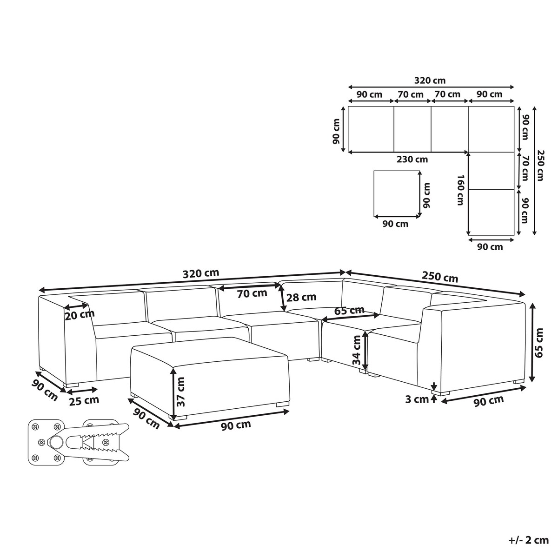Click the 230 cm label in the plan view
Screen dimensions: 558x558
(412, 159)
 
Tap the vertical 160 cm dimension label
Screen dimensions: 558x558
(460, 190)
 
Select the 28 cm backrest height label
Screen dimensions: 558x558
(301, 297)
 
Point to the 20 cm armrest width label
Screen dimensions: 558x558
(80, 315)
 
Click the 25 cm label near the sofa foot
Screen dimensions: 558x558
(84, 400)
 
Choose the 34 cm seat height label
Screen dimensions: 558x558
(357, 350)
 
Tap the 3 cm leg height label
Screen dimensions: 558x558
(417, 399)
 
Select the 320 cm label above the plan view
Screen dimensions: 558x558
(430, 80)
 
